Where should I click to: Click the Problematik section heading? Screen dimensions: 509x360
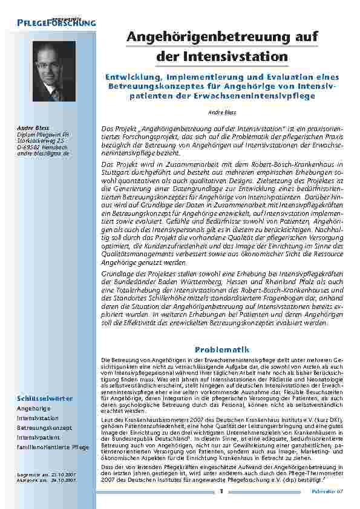221,349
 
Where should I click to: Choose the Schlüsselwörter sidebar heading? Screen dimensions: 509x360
45,398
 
